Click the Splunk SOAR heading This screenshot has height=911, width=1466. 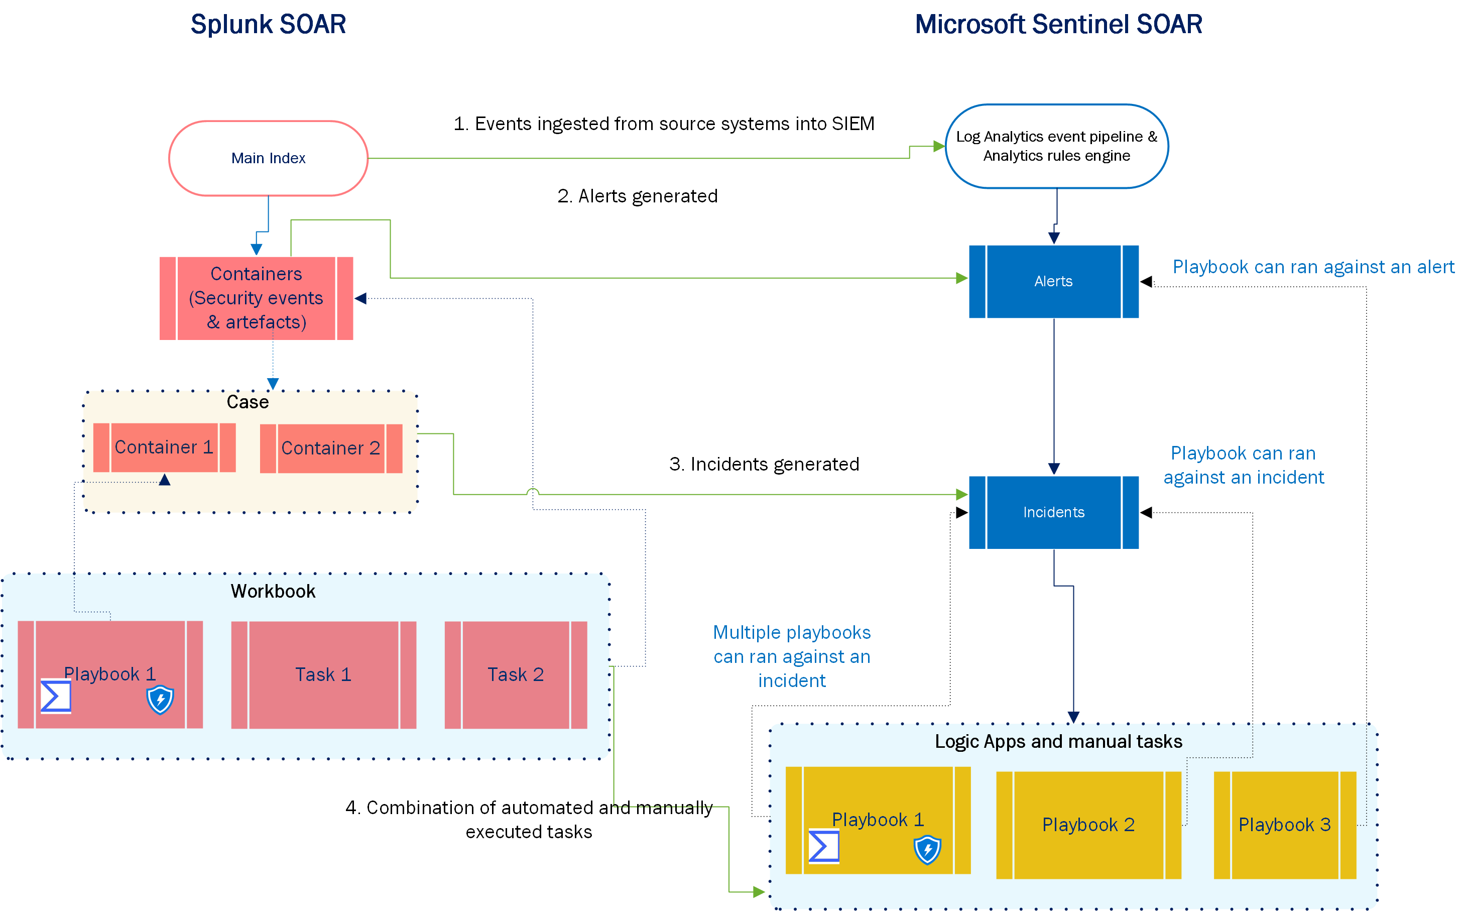click(268, 25)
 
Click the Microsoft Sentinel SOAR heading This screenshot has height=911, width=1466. click(1058, 25)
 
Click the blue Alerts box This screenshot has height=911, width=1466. click(1053, 281)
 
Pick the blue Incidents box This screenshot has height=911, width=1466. click(1053, 512)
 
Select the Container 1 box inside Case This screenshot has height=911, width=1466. click(164, 447)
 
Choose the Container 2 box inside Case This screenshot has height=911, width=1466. click(331, 448)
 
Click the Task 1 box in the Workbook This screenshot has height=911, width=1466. click(323, 675)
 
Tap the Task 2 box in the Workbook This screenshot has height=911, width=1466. click(516, 675)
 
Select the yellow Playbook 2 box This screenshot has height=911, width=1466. click(1088, 825)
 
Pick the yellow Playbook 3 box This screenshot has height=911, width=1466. click(1284, 825)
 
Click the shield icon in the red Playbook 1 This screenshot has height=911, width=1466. click(160, 700)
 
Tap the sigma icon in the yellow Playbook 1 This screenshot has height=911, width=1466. click(823, 847)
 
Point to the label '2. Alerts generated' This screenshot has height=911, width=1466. click(637, 196)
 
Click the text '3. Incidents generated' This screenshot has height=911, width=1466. click(764, 465)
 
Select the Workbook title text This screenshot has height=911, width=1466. click(273, 592)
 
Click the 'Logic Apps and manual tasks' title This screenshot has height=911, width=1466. click(1058, 742)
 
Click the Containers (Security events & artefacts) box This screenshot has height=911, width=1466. click(256, 298)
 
